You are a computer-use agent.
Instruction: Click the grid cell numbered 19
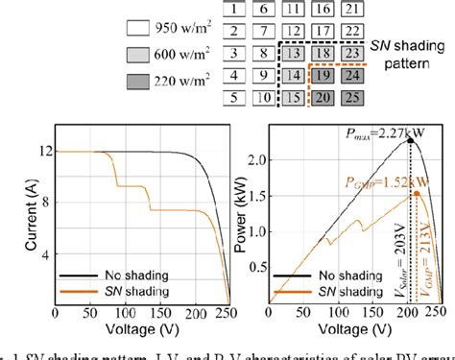[x=324, y=74]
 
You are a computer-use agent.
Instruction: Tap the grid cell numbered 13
[x=296, y=53]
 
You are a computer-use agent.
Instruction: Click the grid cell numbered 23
[x=352, y=53]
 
